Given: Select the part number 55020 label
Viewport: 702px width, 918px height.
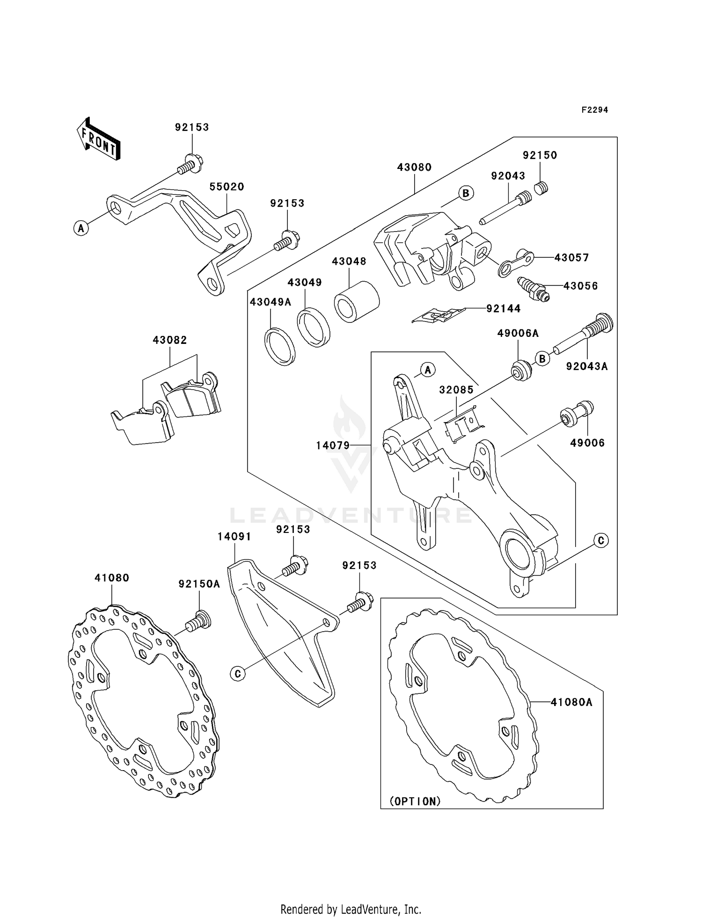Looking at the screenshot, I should tap(227, 187).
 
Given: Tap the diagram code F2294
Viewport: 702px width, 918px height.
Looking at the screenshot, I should tap(594, 110).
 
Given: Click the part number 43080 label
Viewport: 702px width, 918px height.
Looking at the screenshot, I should tap(414, 167).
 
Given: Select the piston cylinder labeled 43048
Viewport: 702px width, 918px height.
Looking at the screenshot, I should tap(357, 302).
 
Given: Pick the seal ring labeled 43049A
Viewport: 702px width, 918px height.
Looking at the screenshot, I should tap(279, 347).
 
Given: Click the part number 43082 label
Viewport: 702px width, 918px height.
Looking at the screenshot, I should tap(169, 340).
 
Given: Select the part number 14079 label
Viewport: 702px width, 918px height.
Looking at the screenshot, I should tap(333, 445).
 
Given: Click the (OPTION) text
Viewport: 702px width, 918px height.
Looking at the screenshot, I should tap(415, 801).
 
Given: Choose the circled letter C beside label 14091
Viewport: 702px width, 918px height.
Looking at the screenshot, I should tap(238, 673).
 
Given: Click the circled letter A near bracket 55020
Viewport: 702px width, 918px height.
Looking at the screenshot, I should tap(81, 228).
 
